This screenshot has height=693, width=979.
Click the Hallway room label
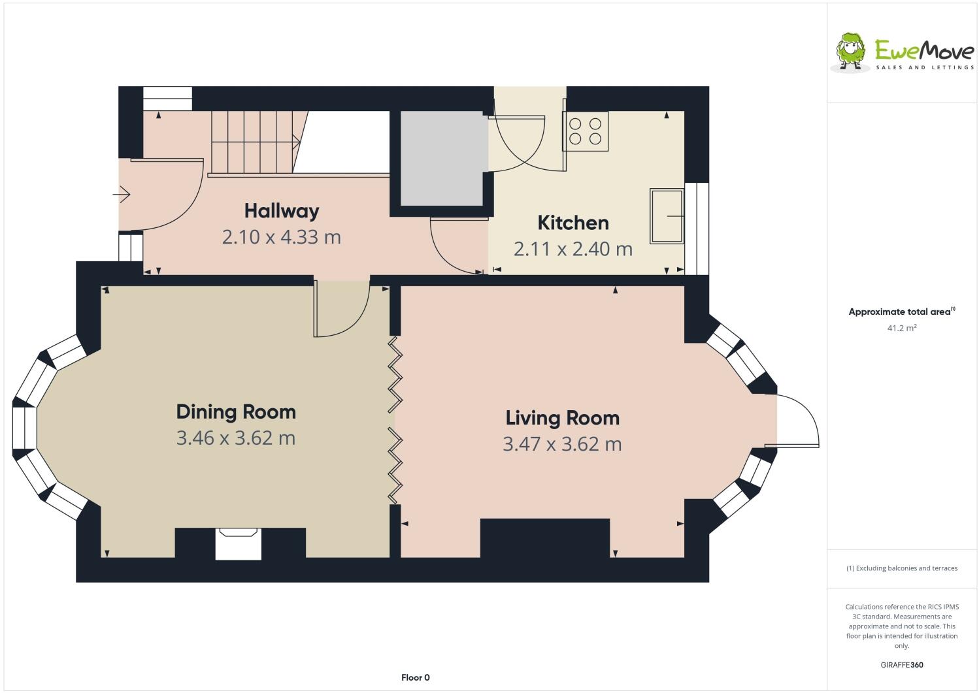[x=282, y=210]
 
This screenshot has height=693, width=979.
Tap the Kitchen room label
[x=573, y=223]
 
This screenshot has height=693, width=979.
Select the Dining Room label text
[x=236, y=411]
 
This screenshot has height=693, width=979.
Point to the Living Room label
[x=562, y=417]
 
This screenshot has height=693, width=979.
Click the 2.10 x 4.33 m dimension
[x=282, y=236]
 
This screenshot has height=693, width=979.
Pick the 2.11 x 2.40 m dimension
[x=573, y=249]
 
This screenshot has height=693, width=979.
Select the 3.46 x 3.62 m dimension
[x=236, y=438]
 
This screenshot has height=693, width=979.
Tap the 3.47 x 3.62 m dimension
[x=562, y=444]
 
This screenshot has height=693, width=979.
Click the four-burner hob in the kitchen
[x=586, y=131]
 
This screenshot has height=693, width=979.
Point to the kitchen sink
[x=666, y=215]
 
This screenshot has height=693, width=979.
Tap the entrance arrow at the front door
[x=123, y=194]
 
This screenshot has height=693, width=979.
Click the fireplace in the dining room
[x=238, y=543]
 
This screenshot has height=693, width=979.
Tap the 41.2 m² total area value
[x=901, y=328]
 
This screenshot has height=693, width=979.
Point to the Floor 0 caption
[x=415, y=677]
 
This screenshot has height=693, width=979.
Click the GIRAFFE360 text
[x=901, y=665]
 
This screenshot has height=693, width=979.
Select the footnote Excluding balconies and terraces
[x=901, y=568]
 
